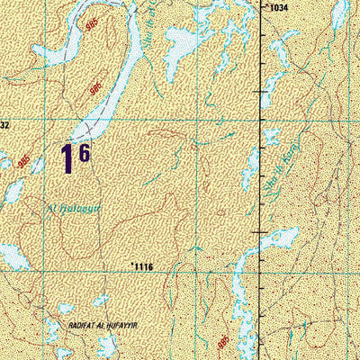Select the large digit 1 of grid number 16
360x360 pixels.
coord(67,159)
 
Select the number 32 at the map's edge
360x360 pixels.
coord(4,126)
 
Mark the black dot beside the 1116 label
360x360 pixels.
coord(132,264)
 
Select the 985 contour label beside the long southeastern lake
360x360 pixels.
coord(222,340)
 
